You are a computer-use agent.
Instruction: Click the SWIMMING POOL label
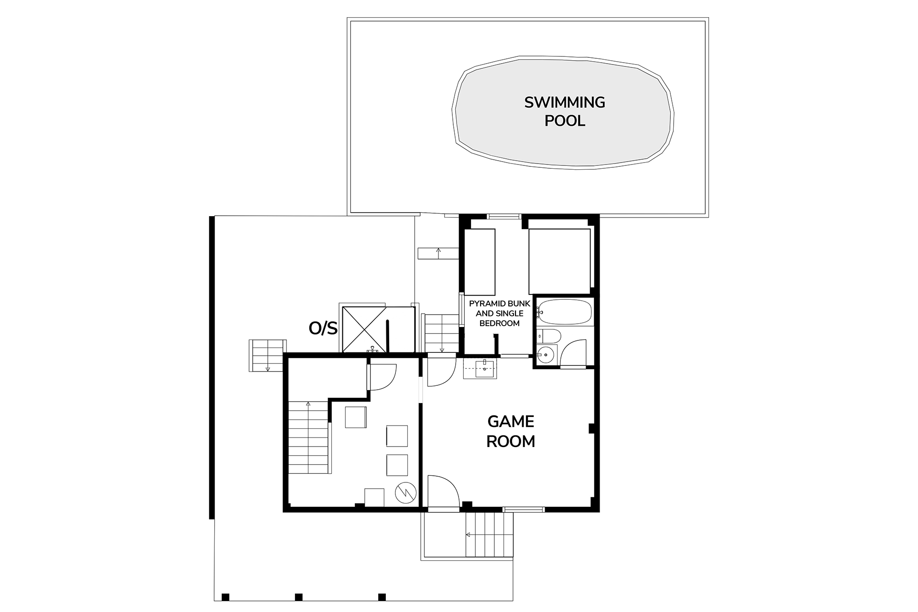[x=565, y=111]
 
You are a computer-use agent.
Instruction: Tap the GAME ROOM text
[x=511, y=431]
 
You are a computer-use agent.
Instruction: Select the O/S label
[x=323, y=328]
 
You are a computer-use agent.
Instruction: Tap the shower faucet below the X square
[x=372, y=350]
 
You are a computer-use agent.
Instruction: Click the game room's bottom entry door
[x=443, y=492]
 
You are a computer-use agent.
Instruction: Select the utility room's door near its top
[x=382, y=377]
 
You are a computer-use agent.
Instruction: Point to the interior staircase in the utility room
[x=309, y=437]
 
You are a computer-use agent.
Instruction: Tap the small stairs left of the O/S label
[x=267, y=355]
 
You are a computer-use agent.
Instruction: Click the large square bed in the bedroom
[x=559, y=261]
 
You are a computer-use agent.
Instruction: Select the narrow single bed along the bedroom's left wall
[x=480, y=262]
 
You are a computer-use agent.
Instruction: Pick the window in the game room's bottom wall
[x=524, y=509]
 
